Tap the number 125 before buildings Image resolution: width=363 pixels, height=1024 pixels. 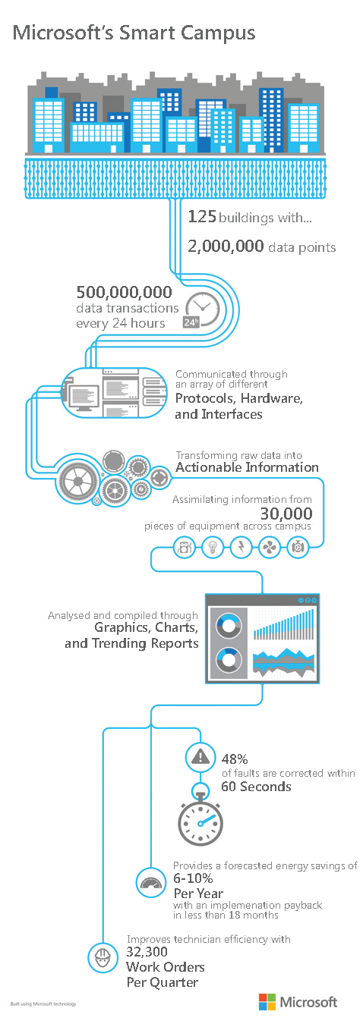pyautogui.click(x=202, y=216)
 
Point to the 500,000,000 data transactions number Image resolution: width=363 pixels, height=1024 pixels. pyautogui.click(x=124, y=292)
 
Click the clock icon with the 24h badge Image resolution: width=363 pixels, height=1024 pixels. pyautogui.click(x=202, y=309)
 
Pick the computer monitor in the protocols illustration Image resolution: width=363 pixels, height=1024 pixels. pyautogui.click(x=83, y=397)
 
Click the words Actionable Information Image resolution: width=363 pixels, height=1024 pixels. pyautogui.click(x=247, y=467)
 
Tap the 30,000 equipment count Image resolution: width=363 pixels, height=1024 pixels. pyautogui.click(x=286, y=514)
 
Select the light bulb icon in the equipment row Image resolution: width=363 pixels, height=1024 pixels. pyautogui.click(x=213, y=546)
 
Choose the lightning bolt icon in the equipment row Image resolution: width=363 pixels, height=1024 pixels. pyautogui.click(x=241, y=546)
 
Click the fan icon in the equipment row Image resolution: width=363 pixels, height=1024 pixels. pyautogui.click(x=269, y=547)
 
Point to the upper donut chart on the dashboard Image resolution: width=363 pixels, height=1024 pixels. pyautogui.click(x=229, y=625)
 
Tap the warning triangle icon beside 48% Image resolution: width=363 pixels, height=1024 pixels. pyautogui.click(x=200, y=758)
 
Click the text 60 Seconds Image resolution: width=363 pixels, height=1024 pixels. pyautogui.click(x=257, y=787)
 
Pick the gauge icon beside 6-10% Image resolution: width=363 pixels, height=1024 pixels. pyautogui.click(x=151, y=882)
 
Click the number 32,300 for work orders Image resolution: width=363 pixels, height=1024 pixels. pyautogui.click(x=147, y=952)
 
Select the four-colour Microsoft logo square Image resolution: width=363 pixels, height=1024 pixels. pyautogui.click(x=267, y=1001)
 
